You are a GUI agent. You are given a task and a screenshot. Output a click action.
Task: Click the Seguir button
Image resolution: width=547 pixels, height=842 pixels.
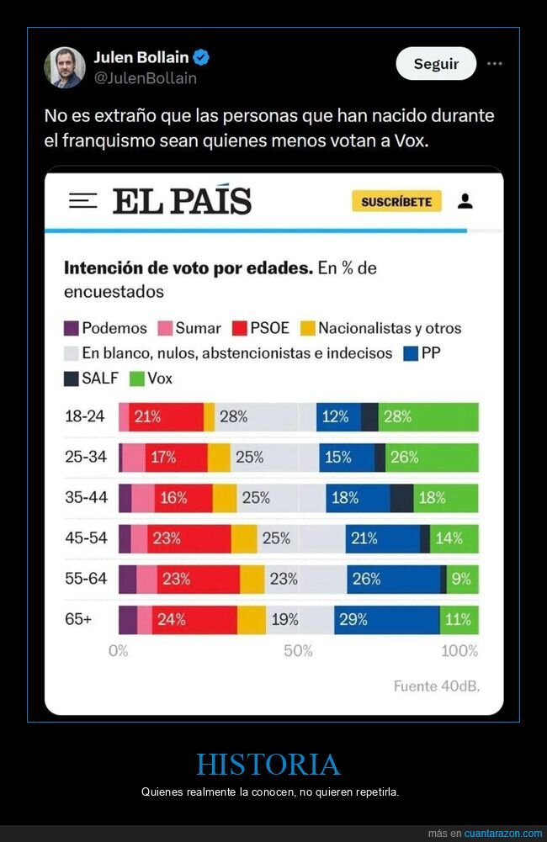(436, 64)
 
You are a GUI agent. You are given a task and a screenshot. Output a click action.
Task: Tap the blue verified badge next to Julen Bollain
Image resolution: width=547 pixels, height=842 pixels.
(202, 58)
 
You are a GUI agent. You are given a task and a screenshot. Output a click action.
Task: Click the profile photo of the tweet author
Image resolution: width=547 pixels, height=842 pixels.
(65, 67)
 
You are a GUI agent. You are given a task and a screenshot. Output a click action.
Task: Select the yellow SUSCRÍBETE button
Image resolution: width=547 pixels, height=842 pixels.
(396, 202)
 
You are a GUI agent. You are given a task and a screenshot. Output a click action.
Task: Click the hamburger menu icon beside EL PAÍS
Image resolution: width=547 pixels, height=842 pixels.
(82, 201)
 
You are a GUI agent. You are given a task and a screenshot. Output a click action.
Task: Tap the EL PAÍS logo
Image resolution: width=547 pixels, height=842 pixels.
(182, 202)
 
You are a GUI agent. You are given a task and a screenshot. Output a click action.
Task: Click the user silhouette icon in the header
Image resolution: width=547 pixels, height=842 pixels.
(465, 201)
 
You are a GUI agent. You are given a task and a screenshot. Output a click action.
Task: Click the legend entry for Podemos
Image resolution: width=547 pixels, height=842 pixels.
(105, 328)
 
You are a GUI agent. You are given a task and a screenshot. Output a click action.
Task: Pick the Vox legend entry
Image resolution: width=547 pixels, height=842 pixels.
(151, 379)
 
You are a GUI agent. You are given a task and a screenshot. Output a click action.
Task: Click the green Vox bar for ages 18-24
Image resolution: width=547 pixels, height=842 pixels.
(428, 417)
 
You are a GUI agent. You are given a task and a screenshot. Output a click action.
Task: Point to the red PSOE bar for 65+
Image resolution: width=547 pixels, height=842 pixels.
(194, 620)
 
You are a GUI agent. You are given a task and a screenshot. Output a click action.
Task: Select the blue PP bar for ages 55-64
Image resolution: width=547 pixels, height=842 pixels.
(393, 580)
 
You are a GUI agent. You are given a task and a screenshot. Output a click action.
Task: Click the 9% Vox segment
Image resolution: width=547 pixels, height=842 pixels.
(462, 580)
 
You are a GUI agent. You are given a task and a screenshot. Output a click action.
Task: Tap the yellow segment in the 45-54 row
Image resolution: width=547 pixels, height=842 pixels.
(244, 539)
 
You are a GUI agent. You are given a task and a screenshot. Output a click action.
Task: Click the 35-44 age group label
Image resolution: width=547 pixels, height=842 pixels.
(87, 497)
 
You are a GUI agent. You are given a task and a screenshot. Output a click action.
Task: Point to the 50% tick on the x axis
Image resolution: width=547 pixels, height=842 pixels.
(298, 650)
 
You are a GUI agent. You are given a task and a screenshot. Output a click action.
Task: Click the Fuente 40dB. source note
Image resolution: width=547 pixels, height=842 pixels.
(436, 686)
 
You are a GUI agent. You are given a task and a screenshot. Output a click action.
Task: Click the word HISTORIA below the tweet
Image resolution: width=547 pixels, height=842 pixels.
(268, 765)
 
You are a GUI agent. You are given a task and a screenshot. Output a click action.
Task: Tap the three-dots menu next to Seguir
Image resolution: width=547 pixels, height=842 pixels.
(495, 64)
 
